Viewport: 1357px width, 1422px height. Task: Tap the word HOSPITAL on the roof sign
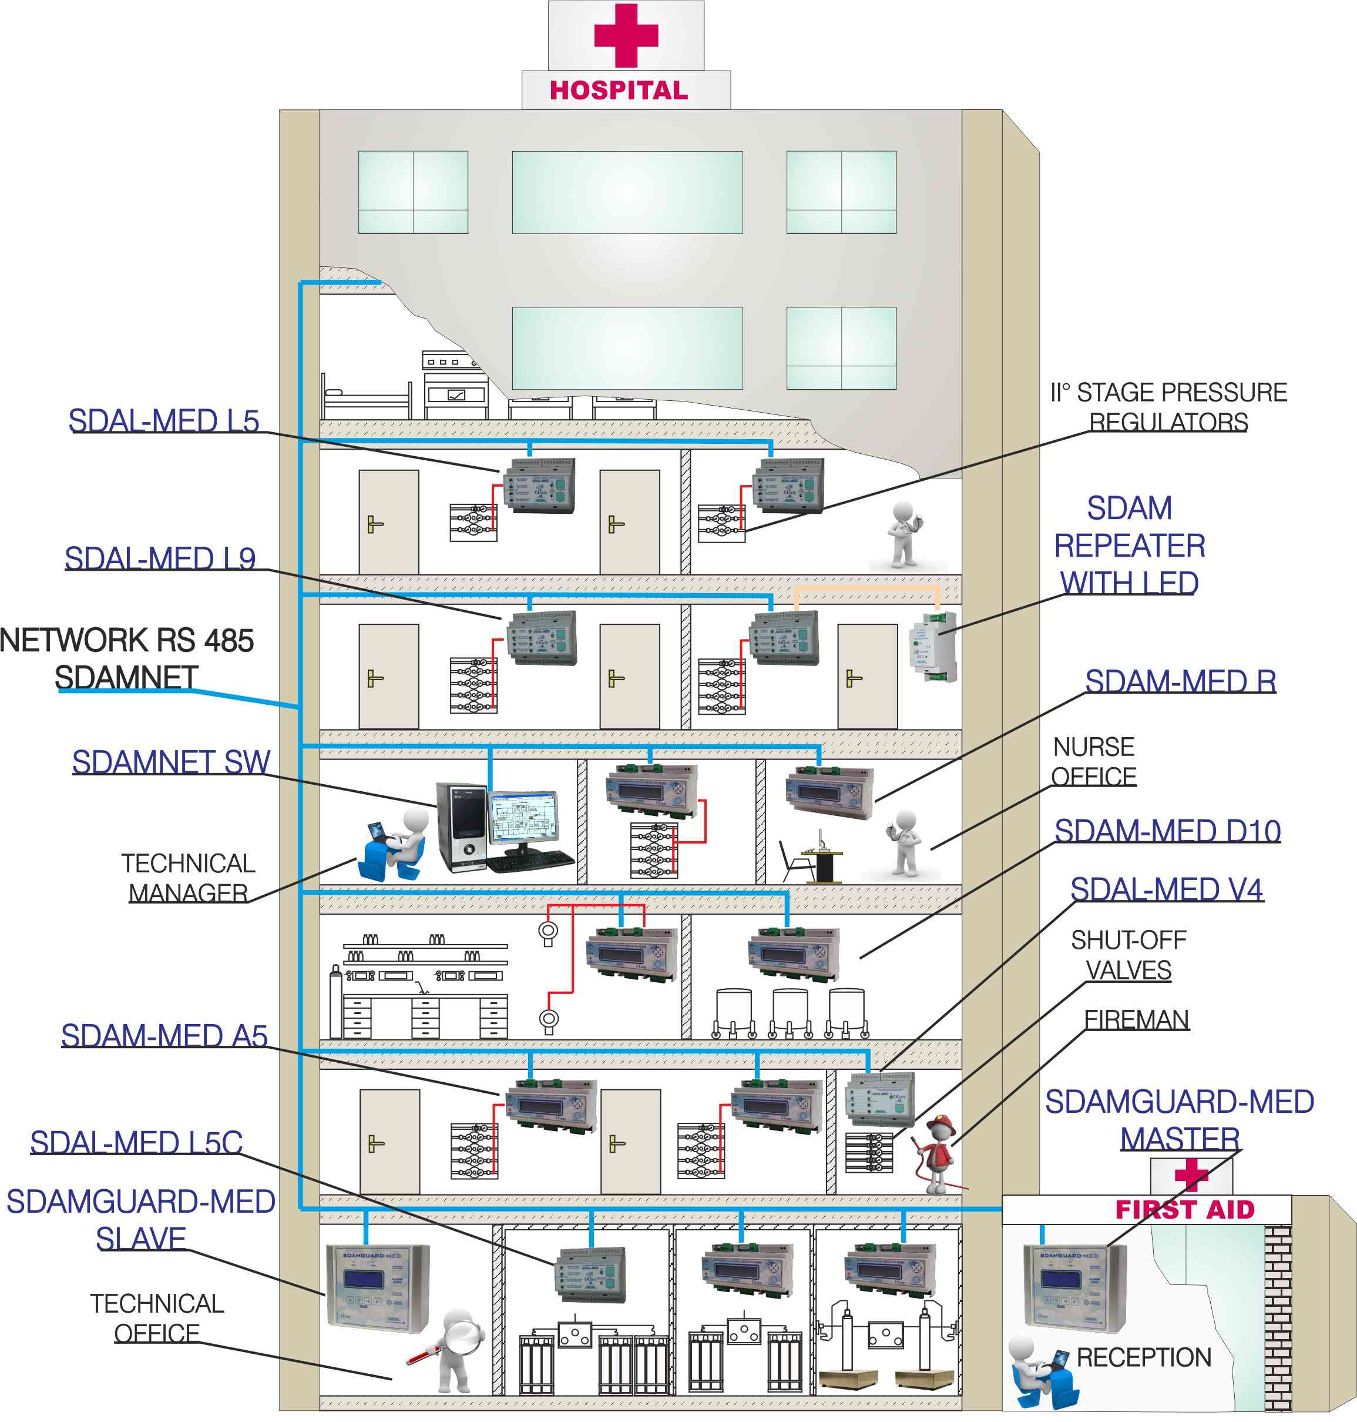[619, 91]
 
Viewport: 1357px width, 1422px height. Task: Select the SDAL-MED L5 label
[163, 421]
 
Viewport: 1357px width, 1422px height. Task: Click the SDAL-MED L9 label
[160, 558]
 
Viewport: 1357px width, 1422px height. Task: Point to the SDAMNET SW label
[171, 762]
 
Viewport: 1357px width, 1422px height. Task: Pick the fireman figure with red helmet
[936, 1155]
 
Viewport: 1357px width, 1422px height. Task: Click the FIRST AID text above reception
[1184, 1210]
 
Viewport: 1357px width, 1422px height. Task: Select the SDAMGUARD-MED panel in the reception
[1074, 1288]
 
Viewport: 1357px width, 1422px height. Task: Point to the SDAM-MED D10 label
[1167, 831]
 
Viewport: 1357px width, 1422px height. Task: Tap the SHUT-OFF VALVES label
[1128, 955]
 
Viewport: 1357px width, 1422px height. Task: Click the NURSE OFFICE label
[1093, 761]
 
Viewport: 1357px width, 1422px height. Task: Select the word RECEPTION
[1143, 1357]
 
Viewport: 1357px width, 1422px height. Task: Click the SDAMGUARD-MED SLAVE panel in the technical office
[377, 1288]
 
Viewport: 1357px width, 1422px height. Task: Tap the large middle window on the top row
[627, 192]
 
